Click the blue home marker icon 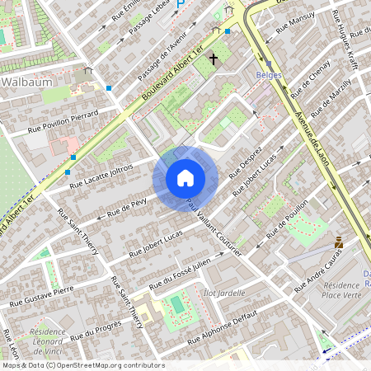pyautogui.click(x=185, y=178)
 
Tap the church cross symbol pyautogui.click(x=214, y=59)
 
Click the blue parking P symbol pyautogui.click(x=181, y=4)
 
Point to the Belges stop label pyautogui.click(x=269, y=75)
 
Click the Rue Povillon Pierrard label pyautogui.click(x=63, y=122)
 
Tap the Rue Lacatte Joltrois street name pyautogui.click(x=97, y=177)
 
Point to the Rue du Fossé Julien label pyautogui.click(x=180, y=274)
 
